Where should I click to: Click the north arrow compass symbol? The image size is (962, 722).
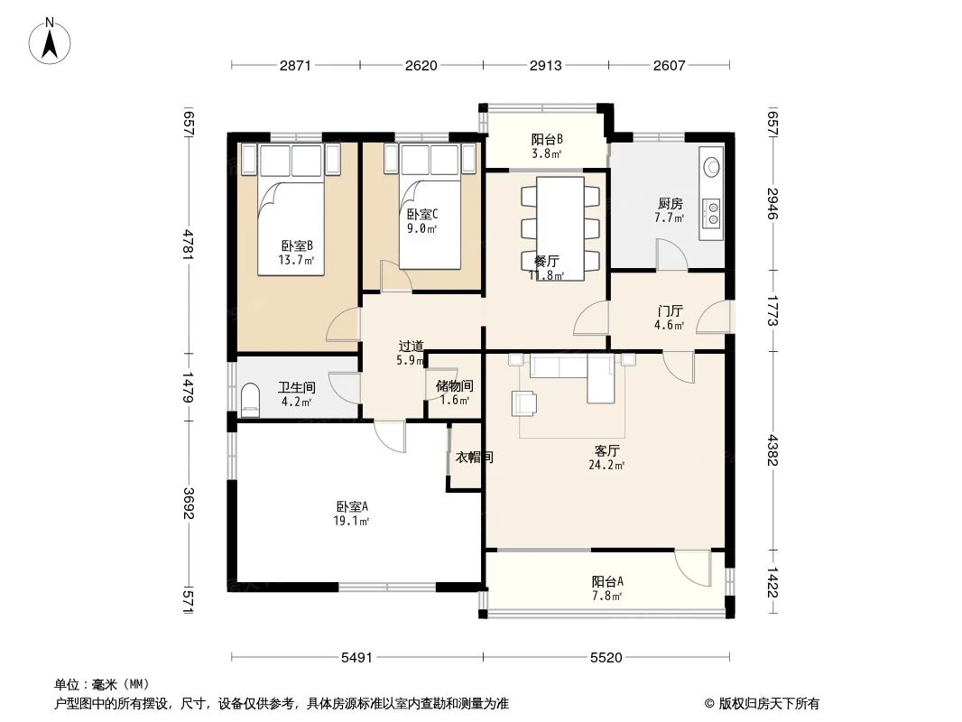coord(50,42)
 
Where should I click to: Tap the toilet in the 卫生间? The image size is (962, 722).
coord(250,397)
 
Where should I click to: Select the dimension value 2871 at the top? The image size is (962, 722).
coord(295,66)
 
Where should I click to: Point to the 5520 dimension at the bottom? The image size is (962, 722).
coord(606,658)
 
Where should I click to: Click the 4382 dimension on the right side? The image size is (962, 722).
coord(772,450)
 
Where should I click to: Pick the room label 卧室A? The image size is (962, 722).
coord(352,507)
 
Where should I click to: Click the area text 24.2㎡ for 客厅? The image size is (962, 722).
coord(606,465)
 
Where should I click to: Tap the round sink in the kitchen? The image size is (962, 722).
coord(712,166)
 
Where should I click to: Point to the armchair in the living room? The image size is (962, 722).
coord(523,403)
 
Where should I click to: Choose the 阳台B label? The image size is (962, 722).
coord(547,139)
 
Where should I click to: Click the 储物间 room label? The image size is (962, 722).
coord(454,386)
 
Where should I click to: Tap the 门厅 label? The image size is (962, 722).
coord(670,311)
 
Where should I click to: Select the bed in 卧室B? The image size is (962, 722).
coord(291,209)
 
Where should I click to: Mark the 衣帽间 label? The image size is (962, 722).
coord(474,457)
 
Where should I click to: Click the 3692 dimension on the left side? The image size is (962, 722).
coord(189,503)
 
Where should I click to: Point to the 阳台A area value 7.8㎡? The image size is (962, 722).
coord(607,596)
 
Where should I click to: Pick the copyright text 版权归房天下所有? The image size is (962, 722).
coord(769,704)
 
